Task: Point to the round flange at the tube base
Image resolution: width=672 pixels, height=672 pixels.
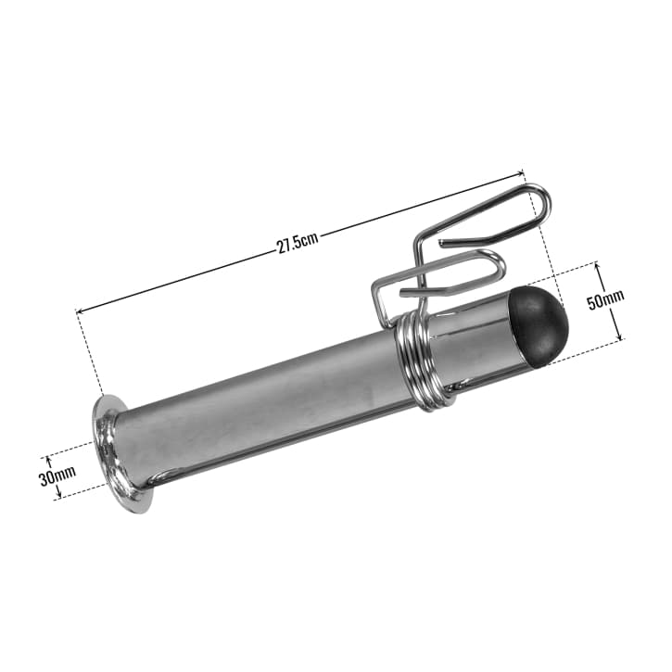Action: coord(113,454)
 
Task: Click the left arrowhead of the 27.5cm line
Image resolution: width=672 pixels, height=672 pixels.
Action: coord(79,312)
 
